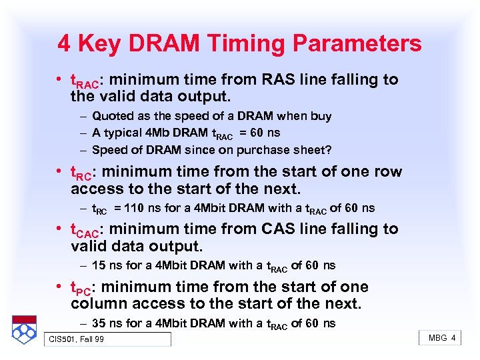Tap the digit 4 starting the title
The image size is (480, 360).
(64, 44)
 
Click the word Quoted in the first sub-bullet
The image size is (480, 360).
(113, 116)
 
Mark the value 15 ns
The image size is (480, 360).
(107, 265)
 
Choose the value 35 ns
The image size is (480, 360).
(107, 323)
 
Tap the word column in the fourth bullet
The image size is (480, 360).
(103, 305)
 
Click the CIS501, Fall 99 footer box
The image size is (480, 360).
(107, 339)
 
